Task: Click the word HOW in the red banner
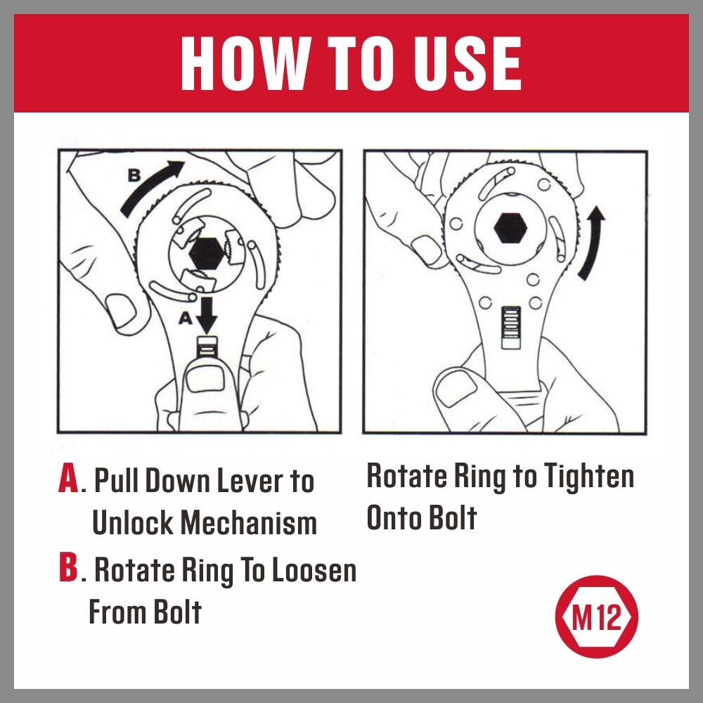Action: click(x=238, y=63)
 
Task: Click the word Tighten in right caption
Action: click(x=588, y=477)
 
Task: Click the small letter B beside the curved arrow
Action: click(x=134, y=176)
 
